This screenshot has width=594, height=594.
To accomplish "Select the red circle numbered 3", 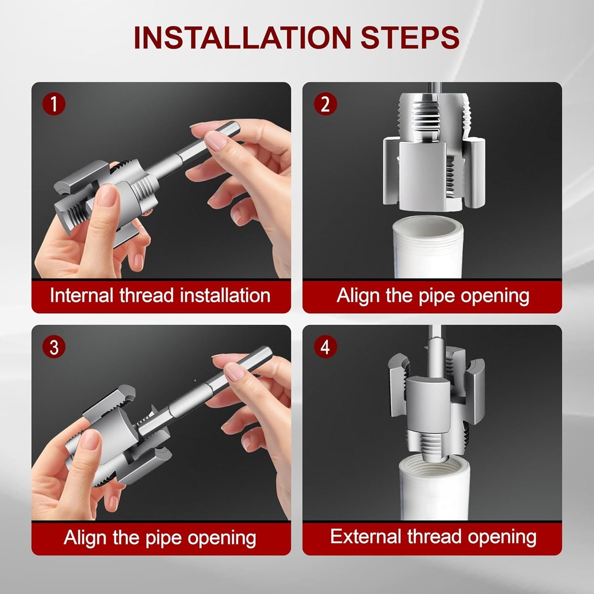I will [53, 347].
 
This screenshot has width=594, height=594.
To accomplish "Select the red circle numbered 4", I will [325, 347].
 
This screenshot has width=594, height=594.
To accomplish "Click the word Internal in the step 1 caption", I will [82, 295].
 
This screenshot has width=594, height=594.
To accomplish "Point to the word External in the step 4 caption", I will [364, 537].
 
